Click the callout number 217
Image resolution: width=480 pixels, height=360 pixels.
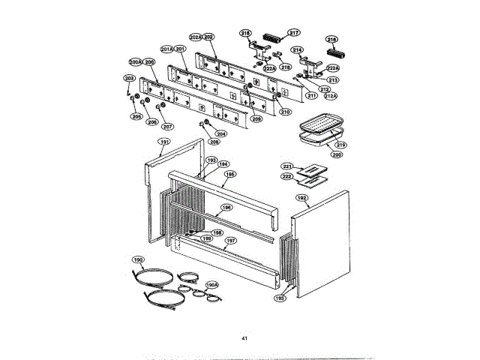(294, 32)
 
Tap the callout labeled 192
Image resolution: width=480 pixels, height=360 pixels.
(301, 198)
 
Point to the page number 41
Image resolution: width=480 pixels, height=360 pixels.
(244, 339)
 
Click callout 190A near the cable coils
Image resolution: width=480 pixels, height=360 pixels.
(211, 285)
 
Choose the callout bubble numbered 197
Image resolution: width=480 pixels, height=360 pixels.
(231, 241)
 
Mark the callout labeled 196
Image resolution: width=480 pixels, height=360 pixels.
(226, 208)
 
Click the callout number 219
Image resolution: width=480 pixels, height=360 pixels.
(340, 145)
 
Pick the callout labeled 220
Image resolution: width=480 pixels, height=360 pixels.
(337, 154)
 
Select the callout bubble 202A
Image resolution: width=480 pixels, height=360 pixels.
(195, 37)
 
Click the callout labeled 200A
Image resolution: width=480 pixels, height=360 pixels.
(135, 62)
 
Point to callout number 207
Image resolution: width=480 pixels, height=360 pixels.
(168, 126)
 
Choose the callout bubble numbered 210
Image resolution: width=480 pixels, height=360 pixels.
(285, 112)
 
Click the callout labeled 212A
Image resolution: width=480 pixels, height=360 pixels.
(330, 96)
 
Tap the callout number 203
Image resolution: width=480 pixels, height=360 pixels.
(129, 79)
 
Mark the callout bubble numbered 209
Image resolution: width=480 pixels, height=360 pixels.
(256, 118)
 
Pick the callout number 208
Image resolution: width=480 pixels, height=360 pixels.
(214, 141)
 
